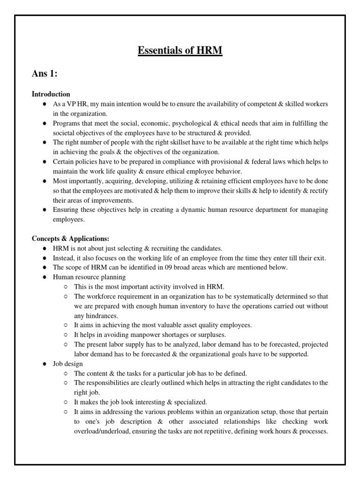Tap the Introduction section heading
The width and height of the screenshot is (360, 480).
point(51,94)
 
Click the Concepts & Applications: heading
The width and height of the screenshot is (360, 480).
point(70,239)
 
